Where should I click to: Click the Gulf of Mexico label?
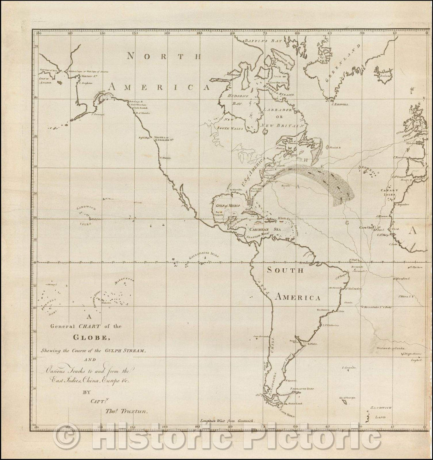226,205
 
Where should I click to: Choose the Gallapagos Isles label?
204,254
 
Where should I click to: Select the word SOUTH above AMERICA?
285,270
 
